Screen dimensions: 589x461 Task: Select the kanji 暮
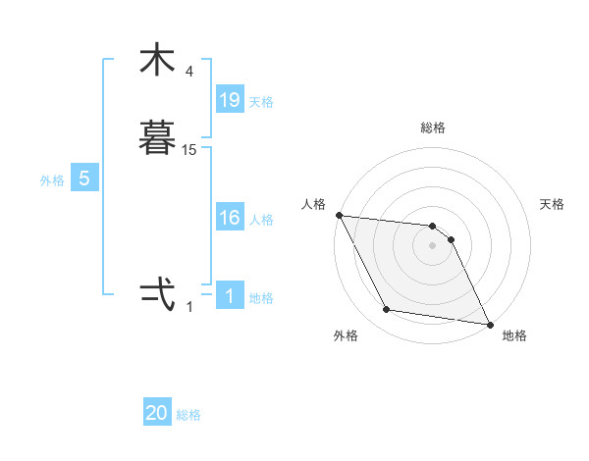157,139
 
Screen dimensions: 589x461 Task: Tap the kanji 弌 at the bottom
157,295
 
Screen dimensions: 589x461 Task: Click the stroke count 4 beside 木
189,72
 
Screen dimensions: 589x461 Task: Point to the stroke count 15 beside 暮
189,149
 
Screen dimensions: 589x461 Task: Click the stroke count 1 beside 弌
189,306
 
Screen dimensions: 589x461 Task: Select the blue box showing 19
230,99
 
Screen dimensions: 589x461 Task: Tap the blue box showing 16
230,218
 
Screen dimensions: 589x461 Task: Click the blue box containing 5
84,179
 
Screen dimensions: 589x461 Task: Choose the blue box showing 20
157,413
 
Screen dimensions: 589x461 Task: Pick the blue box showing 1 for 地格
230,295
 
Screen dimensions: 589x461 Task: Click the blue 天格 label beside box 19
261,101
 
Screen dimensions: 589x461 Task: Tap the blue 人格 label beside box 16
261,220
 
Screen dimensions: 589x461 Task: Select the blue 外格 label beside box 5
52,180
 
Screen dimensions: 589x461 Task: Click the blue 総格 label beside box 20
188,415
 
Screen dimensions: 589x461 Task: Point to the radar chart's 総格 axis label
432,128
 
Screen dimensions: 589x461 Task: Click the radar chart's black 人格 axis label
313,204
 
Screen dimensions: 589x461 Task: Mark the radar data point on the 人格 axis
339,215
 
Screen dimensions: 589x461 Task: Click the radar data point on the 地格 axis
489,324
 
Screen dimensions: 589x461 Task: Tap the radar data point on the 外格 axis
387,310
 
